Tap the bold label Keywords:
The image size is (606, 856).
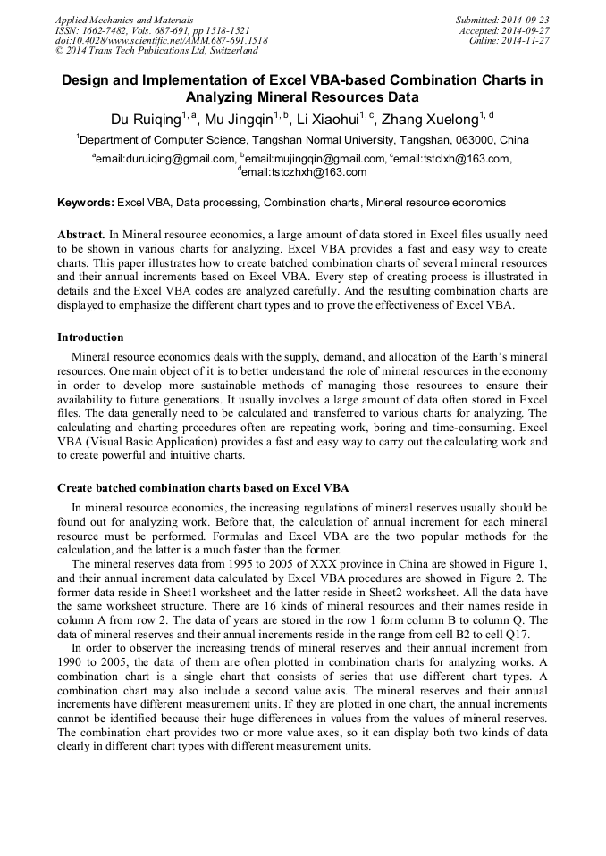pyautogui.click(x=86, y=204)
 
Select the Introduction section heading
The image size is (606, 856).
pyautogui.click(x=90, y=337)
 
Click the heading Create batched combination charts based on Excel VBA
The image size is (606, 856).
pyautogui.click(x=203, y=488)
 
